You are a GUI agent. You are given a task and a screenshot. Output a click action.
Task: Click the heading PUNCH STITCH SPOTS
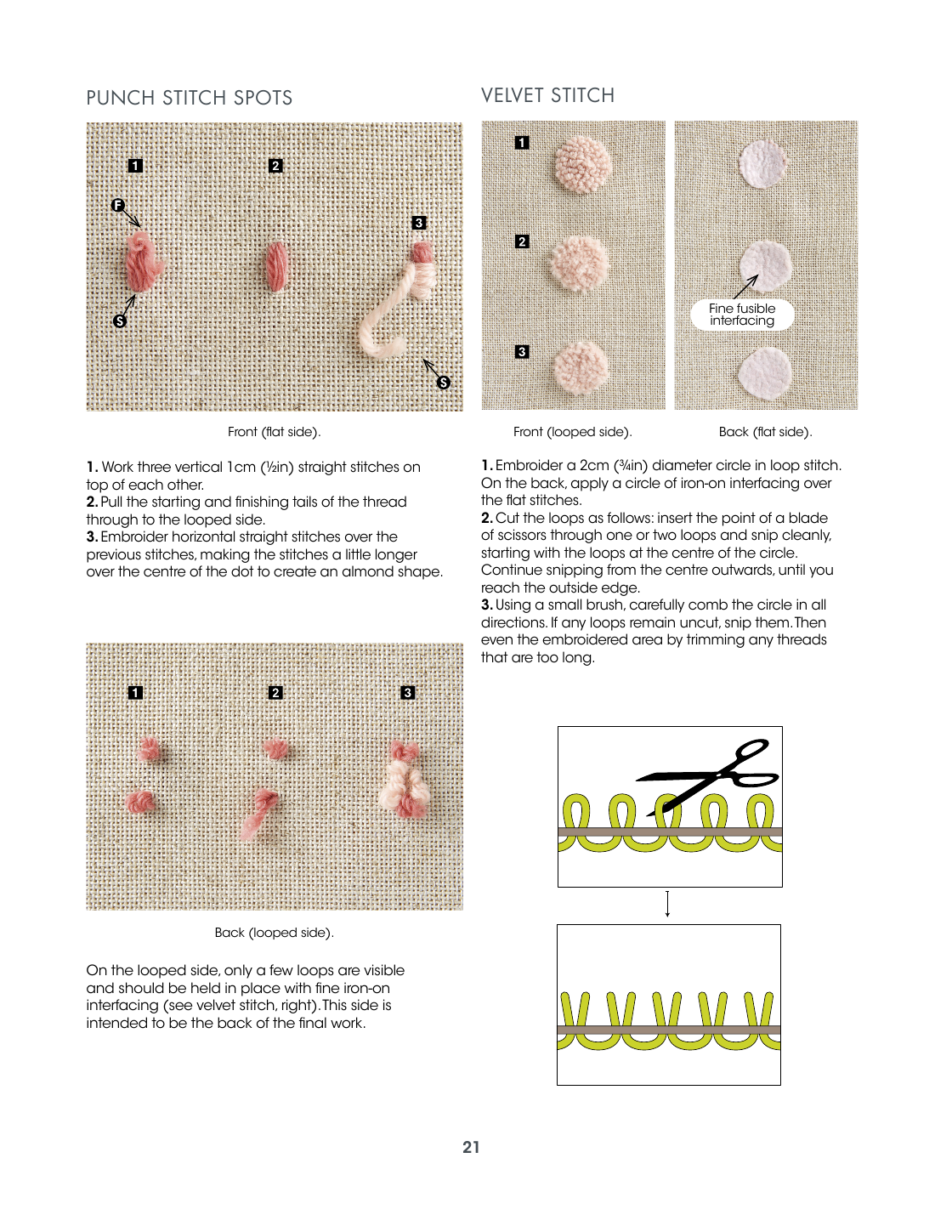click(x=190, y=98)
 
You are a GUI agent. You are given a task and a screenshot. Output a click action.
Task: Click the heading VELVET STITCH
click(x=547, y=95)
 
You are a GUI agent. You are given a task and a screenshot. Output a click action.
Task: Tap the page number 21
click(x=471, y=1147)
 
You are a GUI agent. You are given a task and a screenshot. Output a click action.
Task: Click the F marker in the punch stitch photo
click(x=118, y=205)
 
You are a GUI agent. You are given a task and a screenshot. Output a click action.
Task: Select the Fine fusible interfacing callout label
click(x=742, y=315)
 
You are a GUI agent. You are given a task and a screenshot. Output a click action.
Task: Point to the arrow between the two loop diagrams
click(x=668, y=904)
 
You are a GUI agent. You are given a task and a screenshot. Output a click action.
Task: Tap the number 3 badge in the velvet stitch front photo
click(x=522, y=351)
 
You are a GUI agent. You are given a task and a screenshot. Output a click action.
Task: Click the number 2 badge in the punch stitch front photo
click(x=275, y=166)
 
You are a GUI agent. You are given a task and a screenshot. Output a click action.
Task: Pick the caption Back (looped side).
click(x=274, y=933)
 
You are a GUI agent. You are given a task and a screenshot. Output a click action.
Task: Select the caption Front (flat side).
click(x=274, y=432)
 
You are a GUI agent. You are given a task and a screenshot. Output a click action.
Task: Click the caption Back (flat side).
click(x=765, y=432)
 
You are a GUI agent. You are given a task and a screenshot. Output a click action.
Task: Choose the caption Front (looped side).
click(x=572, y=432)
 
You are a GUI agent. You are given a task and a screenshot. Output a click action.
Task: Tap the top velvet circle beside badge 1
click(x=582, y=163)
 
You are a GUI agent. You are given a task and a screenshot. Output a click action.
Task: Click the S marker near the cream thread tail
click(x=444, y=383)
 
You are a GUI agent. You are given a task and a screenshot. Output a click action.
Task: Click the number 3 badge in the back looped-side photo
click(x=408, y=693)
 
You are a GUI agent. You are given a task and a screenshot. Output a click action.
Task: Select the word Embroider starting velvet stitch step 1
click(x=527, y=465)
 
